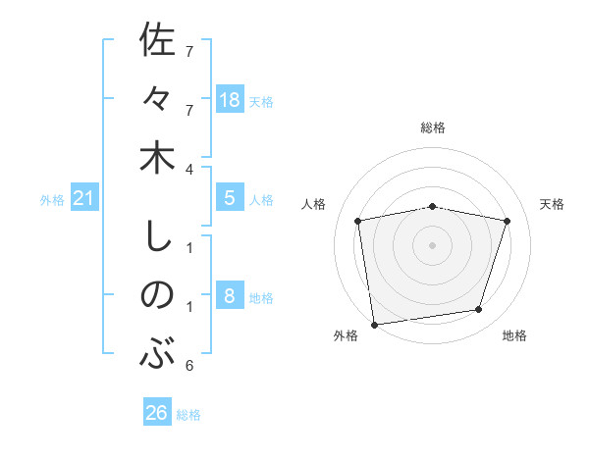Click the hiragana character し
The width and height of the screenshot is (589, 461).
point(157,236)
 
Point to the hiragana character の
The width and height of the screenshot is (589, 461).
point(157,295)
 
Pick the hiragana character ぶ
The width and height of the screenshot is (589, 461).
point(157,353)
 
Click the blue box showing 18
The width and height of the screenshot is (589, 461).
point(230,99)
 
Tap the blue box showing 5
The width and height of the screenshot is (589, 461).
point(230,198)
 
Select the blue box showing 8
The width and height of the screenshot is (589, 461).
point(230,296)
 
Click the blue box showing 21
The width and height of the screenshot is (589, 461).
point(84,199)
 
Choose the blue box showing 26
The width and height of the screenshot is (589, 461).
point(157,413)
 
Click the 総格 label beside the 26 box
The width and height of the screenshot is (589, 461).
point(188,415)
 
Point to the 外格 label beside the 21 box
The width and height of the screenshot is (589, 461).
point(52,200)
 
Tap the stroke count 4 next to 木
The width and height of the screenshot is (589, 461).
point(189,169)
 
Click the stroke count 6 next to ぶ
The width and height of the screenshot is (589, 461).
point(189,366)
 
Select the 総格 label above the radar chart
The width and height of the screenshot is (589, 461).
point(432,128)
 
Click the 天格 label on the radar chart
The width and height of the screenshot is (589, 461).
point(553,204)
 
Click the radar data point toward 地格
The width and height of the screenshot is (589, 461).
point(479,310)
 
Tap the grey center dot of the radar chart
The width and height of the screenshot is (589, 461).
point(432,244)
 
